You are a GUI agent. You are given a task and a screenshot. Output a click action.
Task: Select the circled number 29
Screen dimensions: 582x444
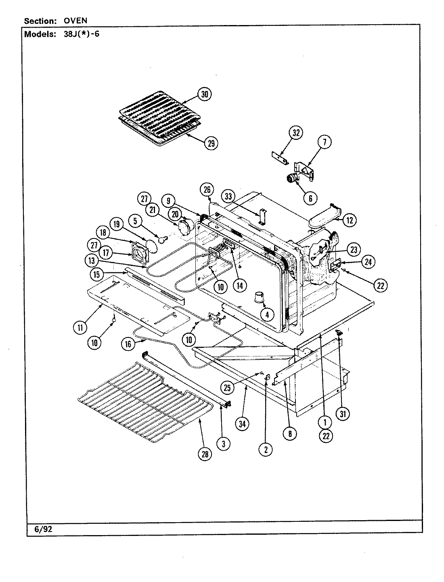point(210,143)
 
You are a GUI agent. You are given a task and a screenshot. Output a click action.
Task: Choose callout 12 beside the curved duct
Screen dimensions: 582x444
point(350,220)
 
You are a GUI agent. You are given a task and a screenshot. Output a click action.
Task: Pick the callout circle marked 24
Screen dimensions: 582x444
point(368,262)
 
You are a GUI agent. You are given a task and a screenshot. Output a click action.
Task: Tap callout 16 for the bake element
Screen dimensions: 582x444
point(128,344)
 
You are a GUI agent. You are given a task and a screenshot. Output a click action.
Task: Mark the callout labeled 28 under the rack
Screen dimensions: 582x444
point(205,454)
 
